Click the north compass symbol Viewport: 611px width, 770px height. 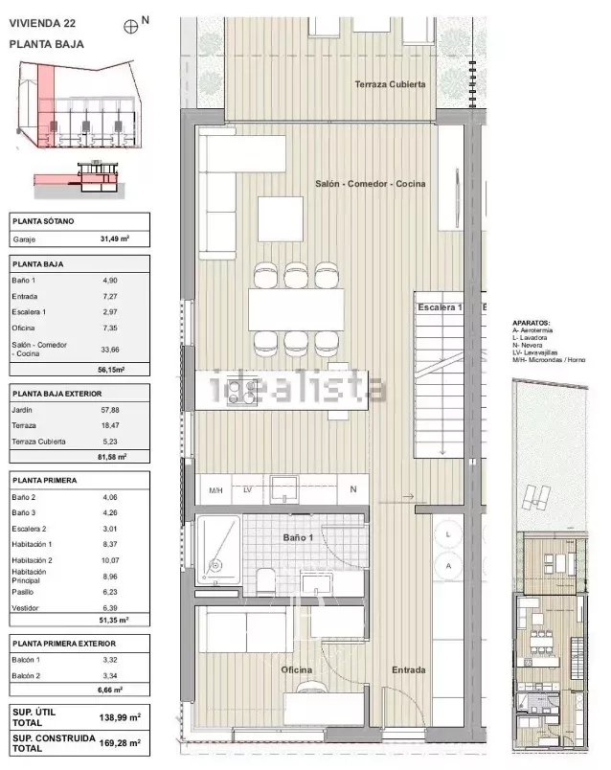130,27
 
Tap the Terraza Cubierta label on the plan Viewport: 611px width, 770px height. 390,84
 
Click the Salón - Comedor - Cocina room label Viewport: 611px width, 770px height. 371,184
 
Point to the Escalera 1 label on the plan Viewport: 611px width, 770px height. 440,307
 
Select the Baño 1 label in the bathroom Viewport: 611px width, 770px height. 298,537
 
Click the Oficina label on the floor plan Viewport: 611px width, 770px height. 296,669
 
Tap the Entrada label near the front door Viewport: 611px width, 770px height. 409,669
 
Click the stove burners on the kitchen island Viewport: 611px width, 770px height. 241,391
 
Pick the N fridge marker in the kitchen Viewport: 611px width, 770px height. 352,489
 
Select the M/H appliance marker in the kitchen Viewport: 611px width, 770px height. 215,490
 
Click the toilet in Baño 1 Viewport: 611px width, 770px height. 265,581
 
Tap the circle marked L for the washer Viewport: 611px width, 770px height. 448,534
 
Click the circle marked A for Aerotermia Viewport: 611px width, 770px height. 448,566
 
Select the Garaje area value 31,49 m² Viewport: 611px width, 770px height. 114,238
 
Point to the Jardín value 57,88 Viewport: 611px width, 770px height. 110,410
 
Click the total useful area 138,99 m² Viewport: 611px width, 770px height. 120,717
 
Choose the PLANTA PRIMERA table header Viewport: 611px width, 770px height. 45,480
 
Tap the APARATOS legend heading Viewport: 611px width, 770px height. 531,323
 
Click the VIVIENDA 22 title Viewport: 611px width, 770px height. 42,23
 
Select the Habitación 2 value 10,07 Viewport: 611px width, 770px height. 110,560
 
